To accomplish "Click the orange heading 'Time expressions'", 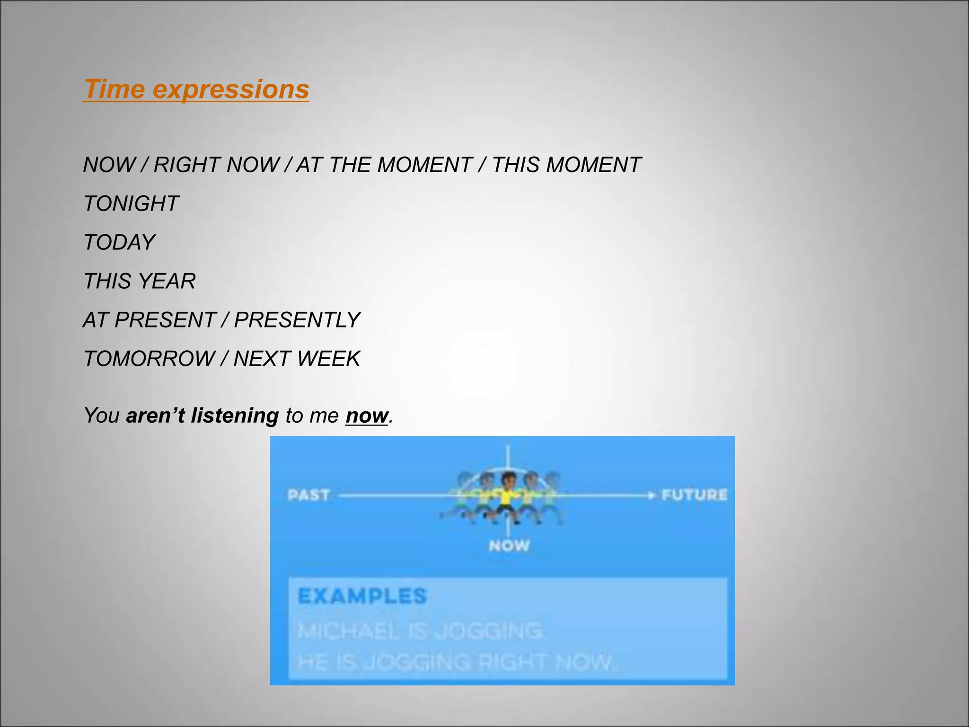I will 196,89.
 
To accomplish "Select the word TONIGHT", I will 131,204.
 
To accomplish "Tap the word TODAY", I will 119,242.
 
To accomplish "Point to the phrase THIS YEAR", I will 140,281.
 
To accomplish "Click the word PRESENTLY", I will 297,320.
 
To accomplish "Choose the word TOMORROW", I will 150,359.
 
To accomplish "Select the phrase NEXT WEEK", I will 297,359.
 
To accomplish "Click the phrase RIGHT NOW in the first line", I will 216,165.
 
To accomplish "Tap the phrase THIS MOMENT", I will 566,165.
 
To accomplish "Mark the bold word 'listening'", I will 235,416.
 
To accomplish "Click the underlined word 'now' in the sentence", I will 367,416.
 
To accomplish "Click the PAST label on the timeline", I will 308,495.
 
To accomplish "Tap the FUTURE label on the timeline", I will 694,495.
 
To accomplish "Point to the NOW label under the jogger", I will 509,545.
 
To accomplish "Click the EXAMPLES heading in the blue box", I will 362,596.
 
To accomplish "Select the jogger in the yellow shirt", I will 508,497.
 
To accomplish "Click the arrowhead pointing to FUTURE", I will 652,495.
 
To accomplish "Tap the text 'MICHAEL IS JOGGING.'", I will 421,631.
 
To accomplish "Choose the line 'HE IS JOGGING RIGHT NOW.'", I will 457,662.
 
